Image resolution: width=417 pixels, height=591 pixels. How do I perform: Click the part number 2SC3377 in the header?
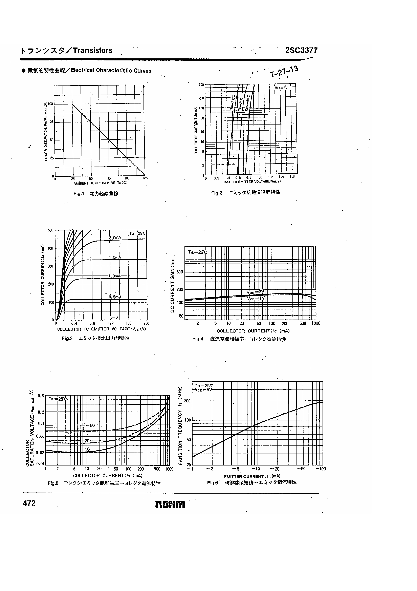tap(301, 51)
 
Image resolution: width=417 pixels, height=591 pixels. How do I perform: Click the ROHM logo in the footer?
tap(170, 505)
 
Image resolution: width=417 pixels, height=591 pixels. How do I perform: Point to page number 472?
tap(29, 503)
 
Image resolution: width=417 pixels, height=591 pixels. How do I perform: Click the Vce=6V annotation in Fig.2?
tap(281, 88)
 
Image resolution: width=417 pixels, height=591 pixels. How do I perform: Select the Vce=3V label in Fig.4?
tap(255, 292)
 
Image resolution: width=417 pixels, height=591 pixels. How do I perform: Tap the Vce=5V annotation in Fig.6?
tap(203, 390)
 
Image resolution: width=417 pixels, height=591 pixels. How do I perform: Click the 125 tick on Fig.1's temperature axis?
tap(145, 178)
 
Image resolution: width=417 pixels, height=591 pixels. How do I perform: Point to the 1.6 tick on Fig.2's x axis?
tap(292, 177)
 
